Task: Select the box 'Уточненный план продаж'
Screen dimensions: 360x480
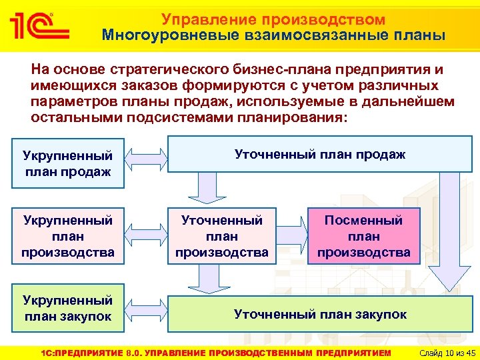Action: pos(320,155)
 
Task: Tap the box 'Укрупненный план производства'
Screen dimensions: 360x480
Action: pos(67,236)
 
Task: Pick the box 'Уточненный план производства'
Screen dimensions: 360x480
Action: pos(221,236)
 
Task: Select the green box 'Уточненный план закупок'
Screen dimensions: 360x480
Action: pos(320,314)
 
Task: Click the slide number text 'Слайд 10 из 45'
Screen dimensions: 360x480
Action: pos(444,352)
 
